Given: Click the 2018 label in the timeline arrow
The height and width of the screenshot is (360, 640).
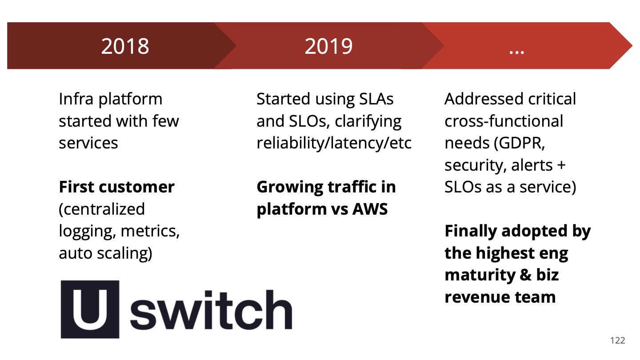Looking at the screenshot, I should (125, 46).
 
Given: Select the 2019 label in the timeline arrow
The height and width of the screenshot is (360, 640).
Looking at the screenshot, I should (328, 46).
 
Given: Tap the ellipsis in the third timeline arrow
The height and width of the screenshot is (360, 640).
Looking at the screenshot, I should (516, 50).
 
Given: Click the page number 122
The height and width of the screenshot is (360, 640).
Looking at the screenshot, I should (617, 340).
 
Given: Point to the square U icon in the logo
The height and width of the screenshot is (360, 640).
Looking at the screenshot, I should (90, 309).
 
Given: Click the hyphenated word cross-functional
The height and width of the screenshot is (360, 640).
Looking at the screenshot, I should (504, 121).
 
